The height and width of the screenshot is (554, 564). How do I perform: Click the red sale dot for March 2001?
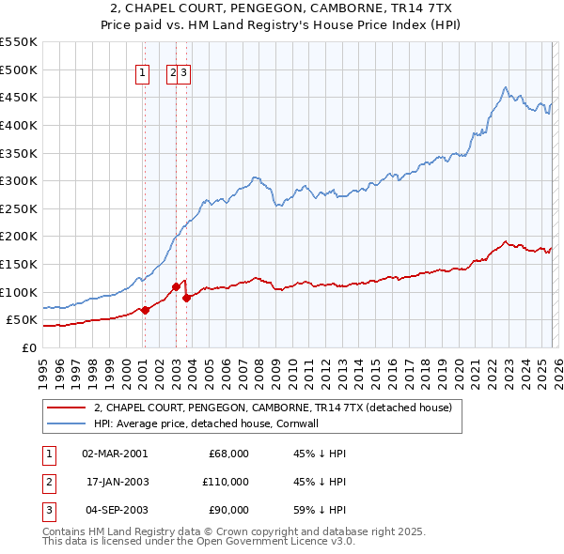coord(145,310)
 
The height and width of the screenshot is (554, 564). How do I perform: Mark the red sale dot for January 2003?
coord(176,286)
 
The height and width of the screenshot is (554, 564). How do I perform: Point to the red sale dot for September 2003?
coord(187,298)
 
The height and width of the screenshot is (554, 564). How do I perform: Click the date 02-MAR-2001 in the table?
coord(115,454)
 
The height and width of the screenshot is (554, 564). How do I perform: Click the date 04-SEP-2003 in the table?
coord(115,510)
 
